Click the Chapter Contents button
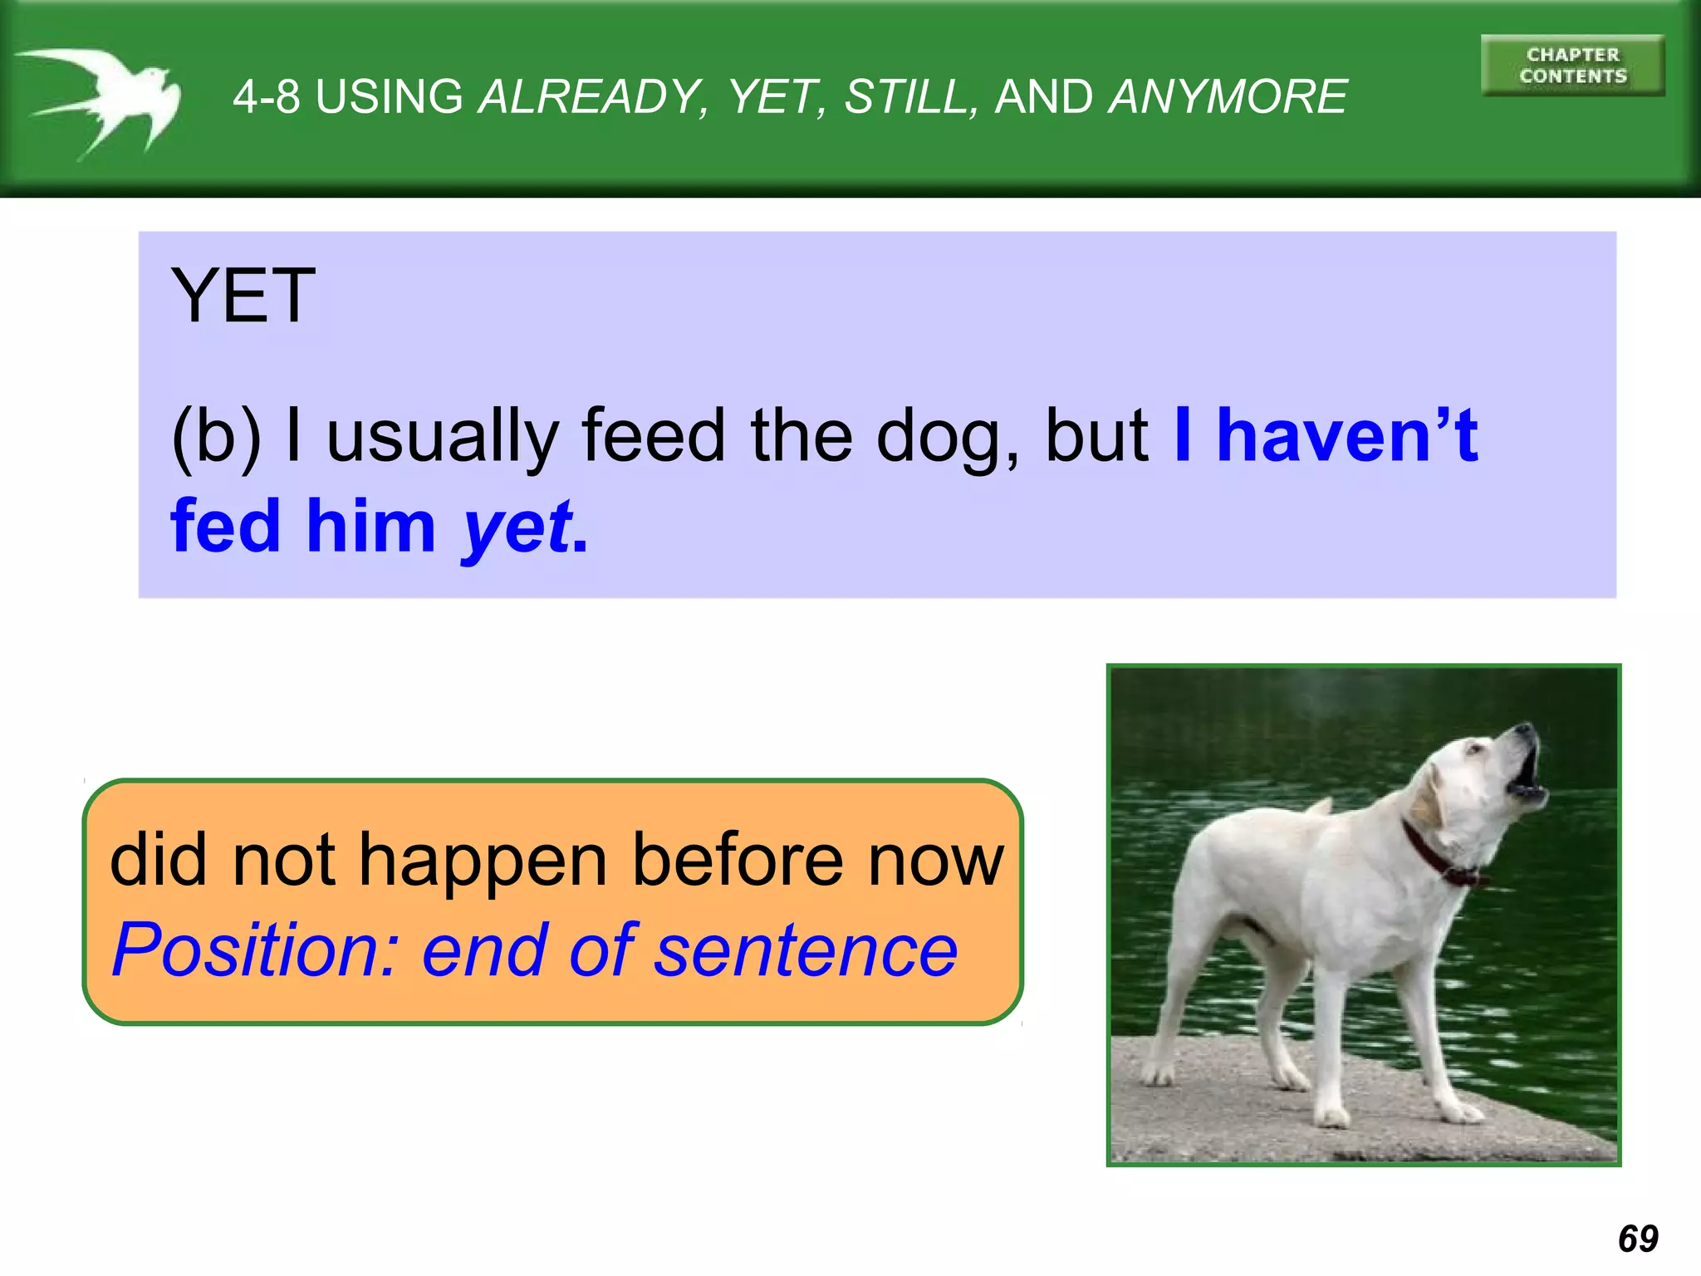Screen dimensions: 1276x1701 (1572, 66)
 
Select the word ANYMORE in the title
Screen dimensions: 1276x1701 (1228, 97)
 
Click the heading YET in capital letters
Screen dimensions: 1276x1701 (243, 297)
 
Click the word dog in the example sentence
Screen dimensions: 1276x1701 (946, 438)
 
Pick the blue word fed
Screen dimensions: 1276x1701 (226, 527)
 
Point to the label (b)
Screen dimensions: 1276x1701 (216, 438)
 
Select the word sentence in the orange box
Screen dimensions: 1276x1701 (805, 950)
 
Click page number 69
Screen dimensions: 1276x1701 (1637, 1239)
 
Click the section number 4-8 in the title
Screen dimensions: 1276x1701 (266, 97)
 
